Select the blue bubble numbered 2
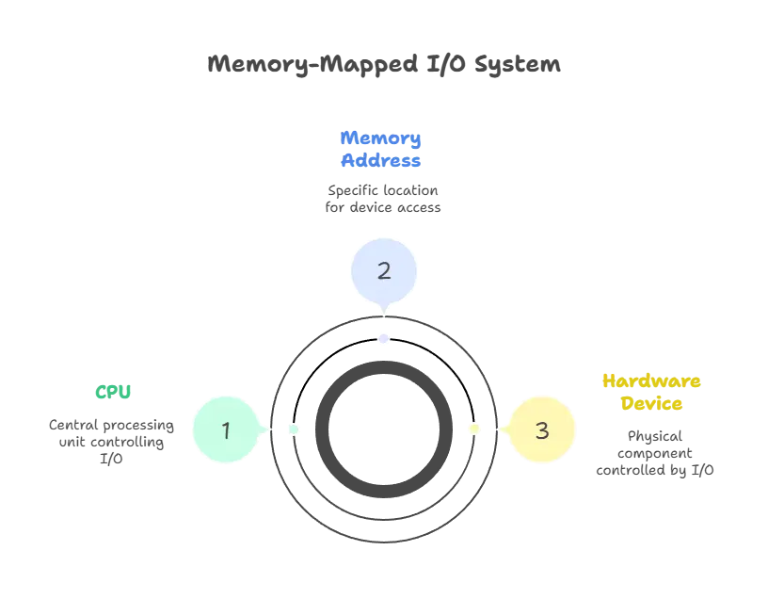coord(384,271)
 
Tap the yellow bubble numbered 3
coord(541,430)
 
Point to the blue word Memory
coord(380,138)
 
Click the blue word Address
coord(380,160)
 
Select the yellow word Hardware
coord(654,382)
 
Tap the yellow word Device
coord(651,405)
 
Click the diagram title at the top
coord(384,65)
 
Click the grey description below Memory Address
coord(383,199)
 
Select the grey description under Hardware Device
coord(654,457)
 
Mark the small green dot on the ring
coord(294,429)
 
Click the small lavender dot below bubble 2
coord(384,339)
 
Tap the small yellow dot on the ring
coord(474,429)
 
